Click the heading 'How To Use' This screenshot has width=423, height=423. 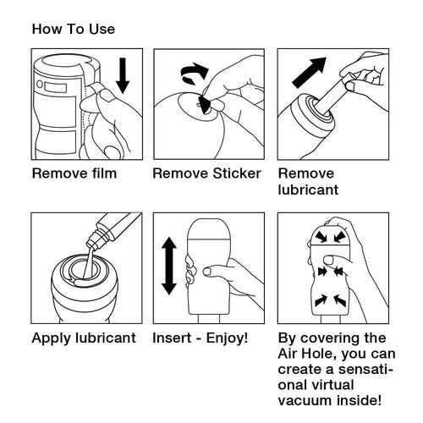coord(74,29)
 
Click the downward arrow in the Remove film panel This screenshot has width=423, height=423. coord(123,75)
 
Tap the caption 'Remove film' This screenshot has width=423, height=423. coord(74,173)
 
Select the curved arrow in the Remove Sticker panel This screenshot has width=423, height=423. coord(194,74)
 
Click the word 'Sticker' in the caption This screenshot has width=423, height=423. coord(237,173)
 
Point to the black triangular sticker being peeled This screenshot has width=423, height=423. coord(205,105)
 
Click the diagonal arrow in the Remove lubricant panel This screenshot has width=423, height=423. coord(310,73)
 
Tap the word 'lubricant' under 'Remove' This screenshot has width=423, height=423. coord(308,190)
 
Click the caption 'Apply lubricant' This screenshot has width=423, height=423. coord(84,338)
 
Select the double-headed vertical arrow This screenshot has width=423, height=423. coord(169,266)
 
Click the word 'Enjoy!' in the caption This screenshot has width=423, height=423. coord(227,338)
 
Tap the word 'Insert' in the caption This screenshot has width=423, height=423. coord(172,338)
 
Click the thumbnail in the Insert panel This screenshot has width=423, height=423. coord(207,272)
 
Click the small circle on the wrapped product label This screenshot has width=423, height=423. coord(40,84)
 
